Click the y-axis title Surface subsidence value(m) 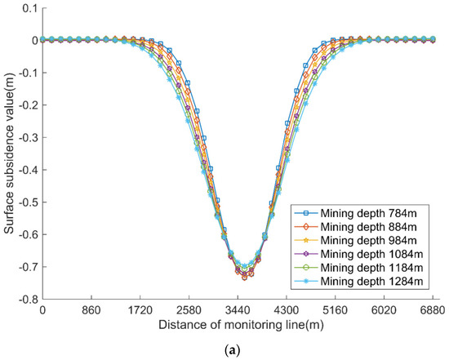click(10, 153)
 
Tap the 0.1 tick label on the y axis click(28, 7)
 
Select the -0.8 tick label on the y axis click(26, 300)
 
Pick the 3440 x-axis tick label click(238, 312)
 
